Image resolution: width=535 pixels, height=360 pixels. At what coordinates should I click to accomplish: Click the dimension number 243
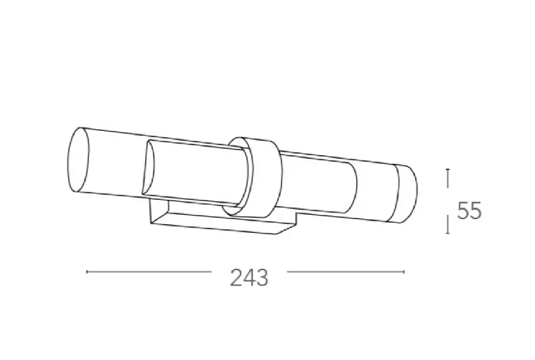coord(249,276)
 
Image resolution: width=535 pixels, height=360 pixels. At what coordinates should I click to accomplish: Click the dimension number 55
coord(469,211)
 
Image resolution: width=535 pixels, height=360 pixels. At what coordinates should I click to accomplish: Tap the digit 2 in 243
coord(236,276)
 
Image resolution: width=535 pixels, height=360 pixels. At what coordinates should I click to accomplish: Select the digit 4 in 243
coord(249,276)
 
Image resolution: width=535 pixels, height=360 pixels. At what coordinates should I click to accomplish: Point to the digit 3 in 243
coord(262,276)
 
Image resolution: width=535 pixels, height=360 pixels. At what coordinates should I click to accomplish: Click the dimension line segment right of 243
coord(345,272)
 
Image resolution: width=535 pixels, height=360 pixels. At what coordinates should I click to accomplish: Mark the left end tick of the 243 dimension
coord(87,272)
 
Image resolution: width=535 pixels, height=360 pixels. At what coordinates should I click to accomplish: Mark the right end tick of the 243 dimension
coord(404,272)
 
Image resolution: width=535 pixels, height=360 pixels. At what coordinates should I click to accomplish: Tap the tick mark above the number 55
coord(448,177)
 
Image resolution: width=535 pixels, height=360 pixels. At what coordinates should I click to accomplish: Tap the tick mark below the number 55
coord(448,226)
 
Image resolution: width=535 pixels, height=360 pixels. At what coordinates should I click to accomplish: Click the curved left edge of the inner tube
coord(147,169)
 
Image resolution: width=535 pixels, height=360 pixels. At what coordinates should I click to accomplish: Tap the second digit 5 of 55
coord(475,211)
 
